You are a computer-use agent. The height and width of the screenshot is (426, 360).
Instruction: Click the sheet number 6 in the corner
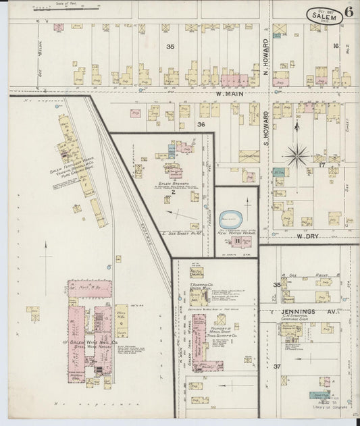coord(347,11)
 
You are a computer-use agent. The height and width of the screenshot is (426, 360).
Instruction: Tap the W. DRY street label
coord(307,237)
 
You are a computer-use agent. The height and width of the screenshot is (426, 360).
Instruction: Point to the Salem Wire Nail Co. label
coord(91,343)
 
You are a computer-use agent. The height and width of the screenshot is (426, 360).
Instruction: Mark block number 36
coord(201,124)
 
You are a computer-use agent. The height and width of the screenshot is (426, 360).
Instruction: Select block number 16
coord(335,46)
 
